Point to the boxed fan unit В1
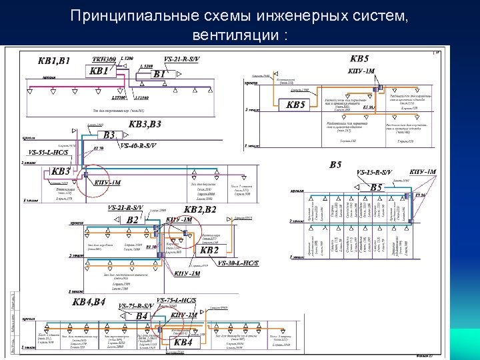click(160, 74)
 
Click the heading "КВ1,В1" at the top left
click(54, 60)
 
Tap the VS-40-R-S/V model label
click(139, 145)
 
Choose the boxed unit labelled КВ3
click(61, 171)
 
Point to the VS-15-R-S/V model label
click(375, 173)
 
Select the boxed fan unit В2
click(133, 219)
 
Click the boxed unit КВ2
click(209, 250)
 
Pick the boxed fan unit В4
click(141, 315)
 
